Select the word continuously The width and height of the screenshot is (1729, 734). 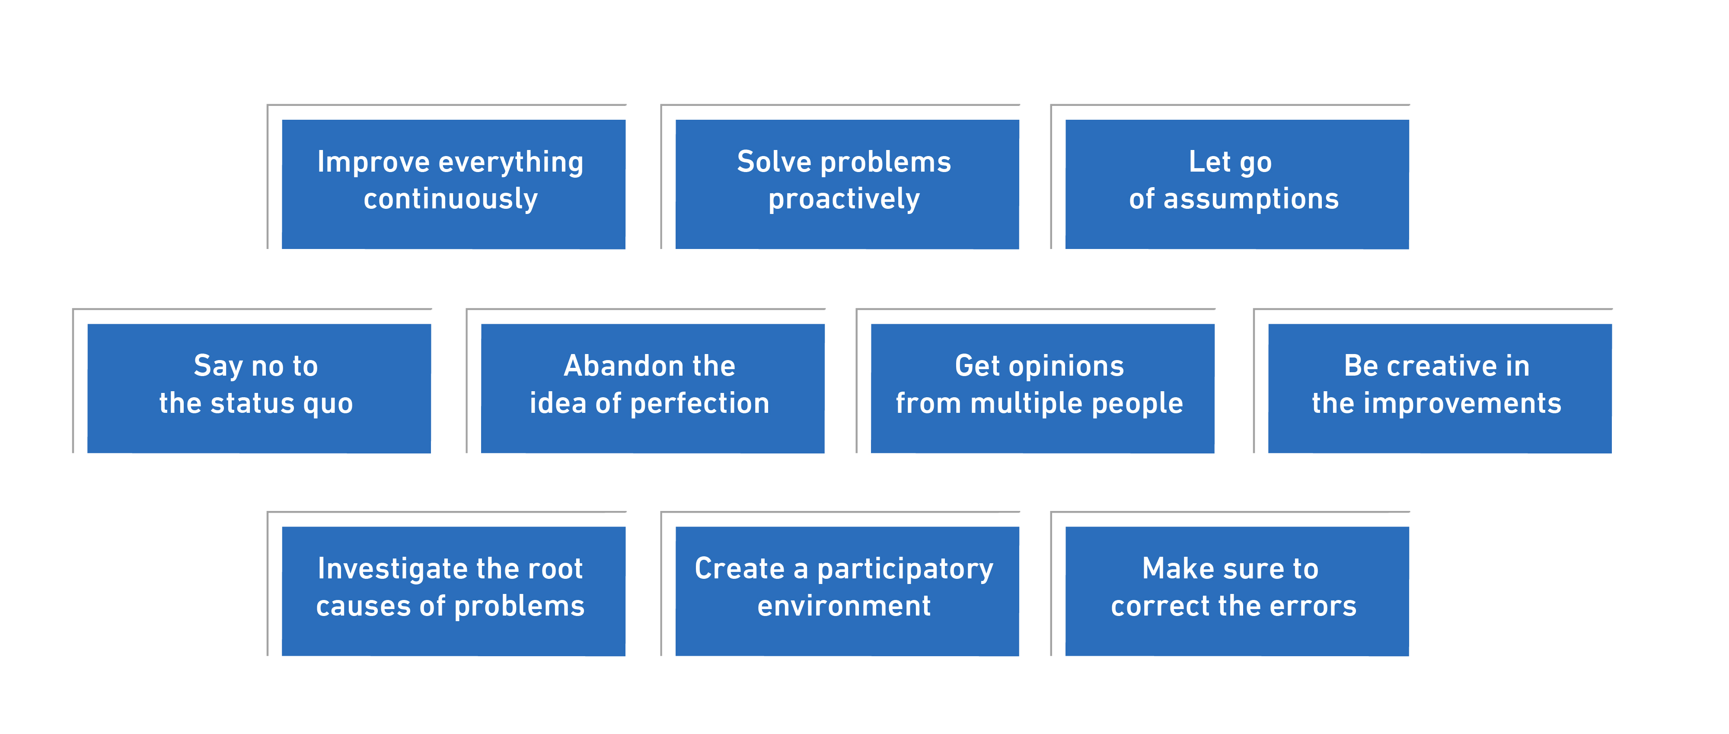(450, 199)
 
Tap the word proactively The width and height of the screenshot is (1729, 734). (844, 199)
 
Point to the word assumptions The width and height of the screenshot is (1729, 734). (1250, 199)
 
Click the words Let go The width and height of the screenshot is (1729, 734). (1230, 163)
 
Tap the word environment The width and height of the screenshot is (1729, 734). (844, 606)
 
